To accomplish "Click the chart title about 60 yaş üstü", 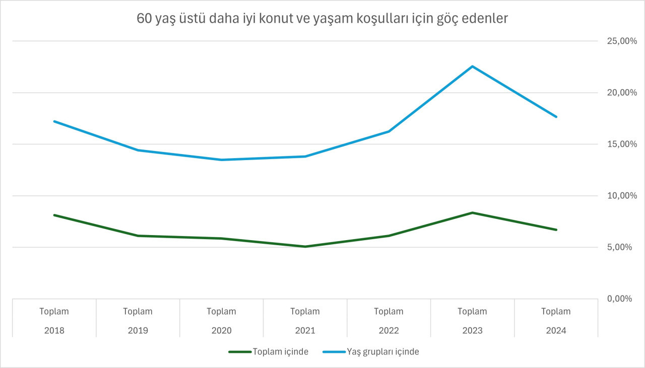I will [x=322, y=19].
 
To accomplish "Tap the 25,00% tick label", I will [x=615, y=41].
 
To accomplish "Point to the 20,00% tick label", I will [x=615, y=93].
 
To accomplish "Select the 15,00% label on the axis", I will [x=615, y=144].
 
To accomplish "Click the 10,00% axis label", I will [x=615, y=196].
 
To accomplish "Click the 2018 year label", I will [x=54, y=331].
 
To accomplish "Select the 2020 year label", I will [x=221, y=331].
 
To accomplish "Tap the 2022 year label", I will [x=389, y=331].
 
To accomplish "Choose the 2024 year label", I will [x=556, y=331].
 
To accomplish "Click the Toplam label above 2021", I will [x=305, y=312].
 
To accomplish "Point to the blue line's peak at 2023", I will [x=472, y=66].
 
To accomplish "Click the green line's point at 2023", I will [x=472, y=213].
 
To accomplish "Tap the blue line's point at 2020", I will [x=221, y=160].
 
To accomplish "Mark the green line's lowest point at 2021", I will [x=305, y=247].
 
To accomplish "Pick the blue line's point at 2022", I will [x=389, y=131].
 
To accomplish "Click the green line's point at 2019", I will [x=138, y=236].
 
